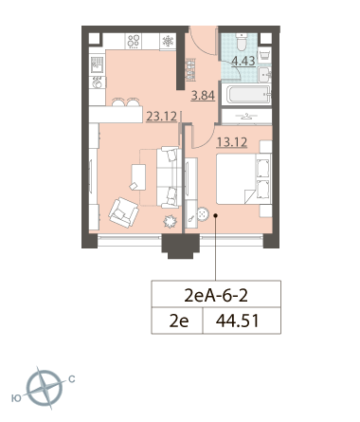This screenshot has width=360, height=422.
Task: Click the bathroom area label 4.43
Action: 243,61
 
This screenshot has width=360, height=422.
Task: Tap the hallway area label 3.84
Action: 203,95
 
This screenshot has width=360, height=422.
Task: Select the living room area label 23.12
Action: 161,117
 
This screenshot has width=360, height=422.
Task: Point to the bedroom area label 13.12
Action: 232,142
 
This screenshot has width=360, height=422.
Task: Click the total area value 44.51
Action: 238,321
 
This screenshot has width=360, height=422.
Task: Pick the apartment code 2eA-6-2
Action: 216,296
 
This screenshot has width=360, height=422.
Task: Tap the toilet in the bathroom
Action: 243,42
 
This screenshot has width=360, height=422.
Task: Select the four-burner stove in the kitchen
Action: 134,41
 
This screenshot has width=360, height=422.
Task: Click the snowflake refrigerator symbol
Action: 168,41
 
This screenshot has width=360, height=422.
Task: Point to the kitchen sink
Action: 98,64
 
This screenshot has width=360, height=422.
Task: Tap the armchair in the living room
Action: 123,212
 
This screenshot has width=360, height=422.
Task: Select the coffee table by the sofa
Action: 138,177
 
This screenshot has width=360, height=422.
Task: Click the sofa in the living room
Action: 170,177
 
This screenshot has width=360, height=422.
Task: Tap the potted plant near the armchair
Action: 171,221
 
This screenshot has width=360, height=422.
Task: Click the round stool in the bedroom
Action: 203,214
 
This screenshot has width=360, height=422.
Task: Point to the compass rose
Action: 45,388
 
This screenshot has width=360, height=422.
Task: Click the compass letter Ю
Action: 16,398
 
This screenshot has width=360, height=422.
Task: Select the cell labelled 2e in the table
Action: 177,321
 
